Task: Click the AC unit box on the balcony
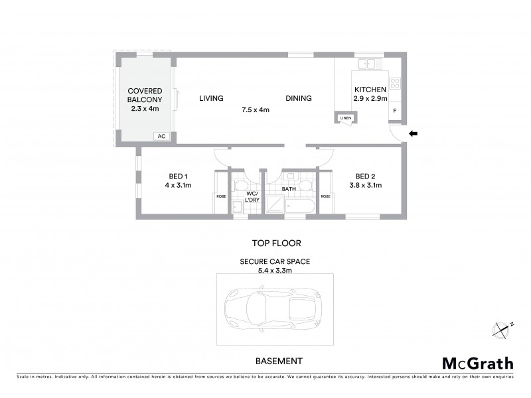point(161,136)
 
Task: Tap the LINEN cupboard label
point(345,118)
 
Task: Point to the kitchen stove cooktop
point(395,84)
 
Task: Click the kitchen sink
point(366,64)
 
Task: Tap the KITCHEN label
point(370,90)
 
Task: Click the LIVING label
point(211,99)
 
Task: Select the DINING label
point(299,99)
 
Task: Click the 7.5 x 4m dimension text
point(255,110)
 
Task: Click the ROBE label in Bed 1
point(221,196)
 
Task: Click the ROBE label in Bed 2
point(325,196)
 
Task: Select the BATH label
point(289,189)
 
